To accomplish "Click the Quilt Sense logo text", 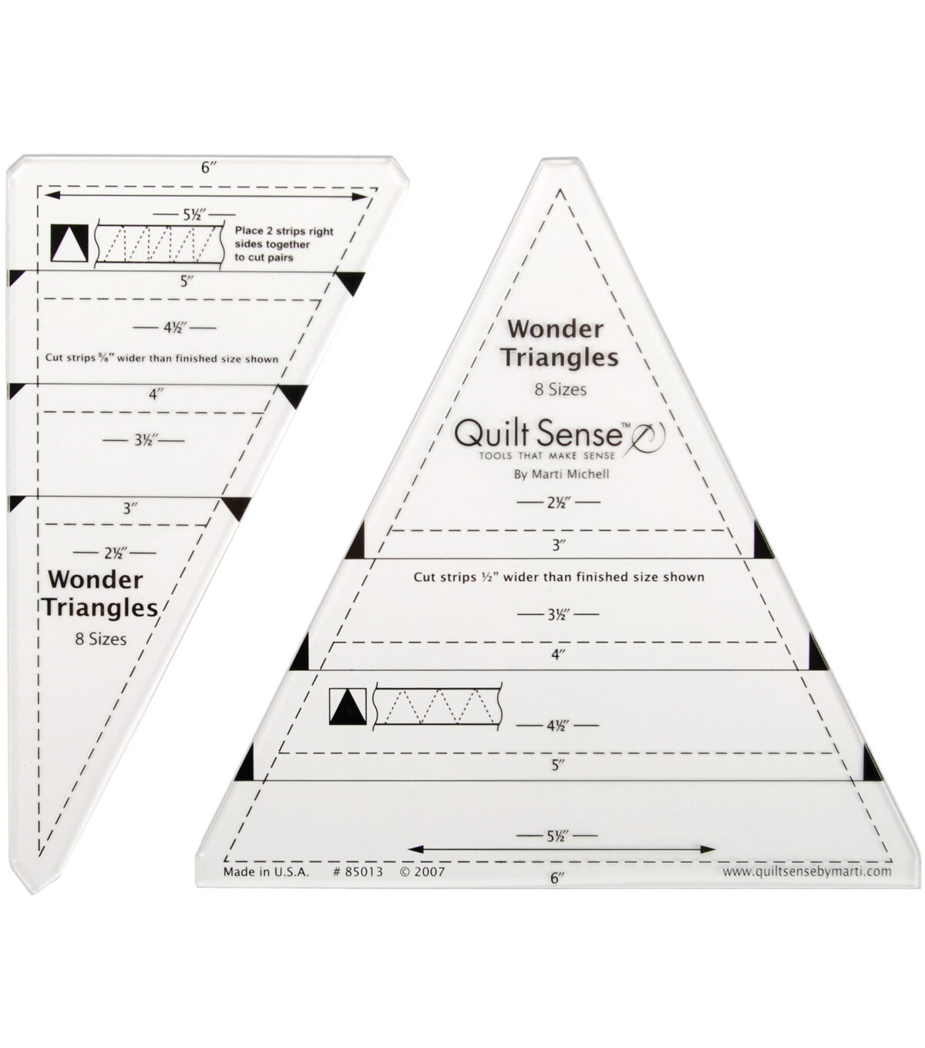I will (x=539, y=435).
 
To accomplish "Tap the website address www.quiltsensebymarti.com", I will (x=807, y=872).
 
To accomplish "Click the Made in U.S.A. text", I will (x=265, y=872).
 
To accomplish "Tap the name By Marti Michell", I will (x=560, y=474).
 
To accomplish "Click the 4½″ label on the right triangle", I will (x=557, y=725).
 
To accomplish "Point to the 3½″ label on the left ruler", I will (x=143, y=442).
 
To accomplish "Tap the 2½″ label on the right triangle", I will (x=557, y=502).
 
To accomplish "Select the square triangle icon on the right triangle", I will (x=345, y=707).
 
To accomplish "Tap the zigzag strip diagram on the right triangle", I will (x=436, y=707).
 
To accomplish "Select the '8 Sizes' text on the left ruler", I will (x=96, y=638).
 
